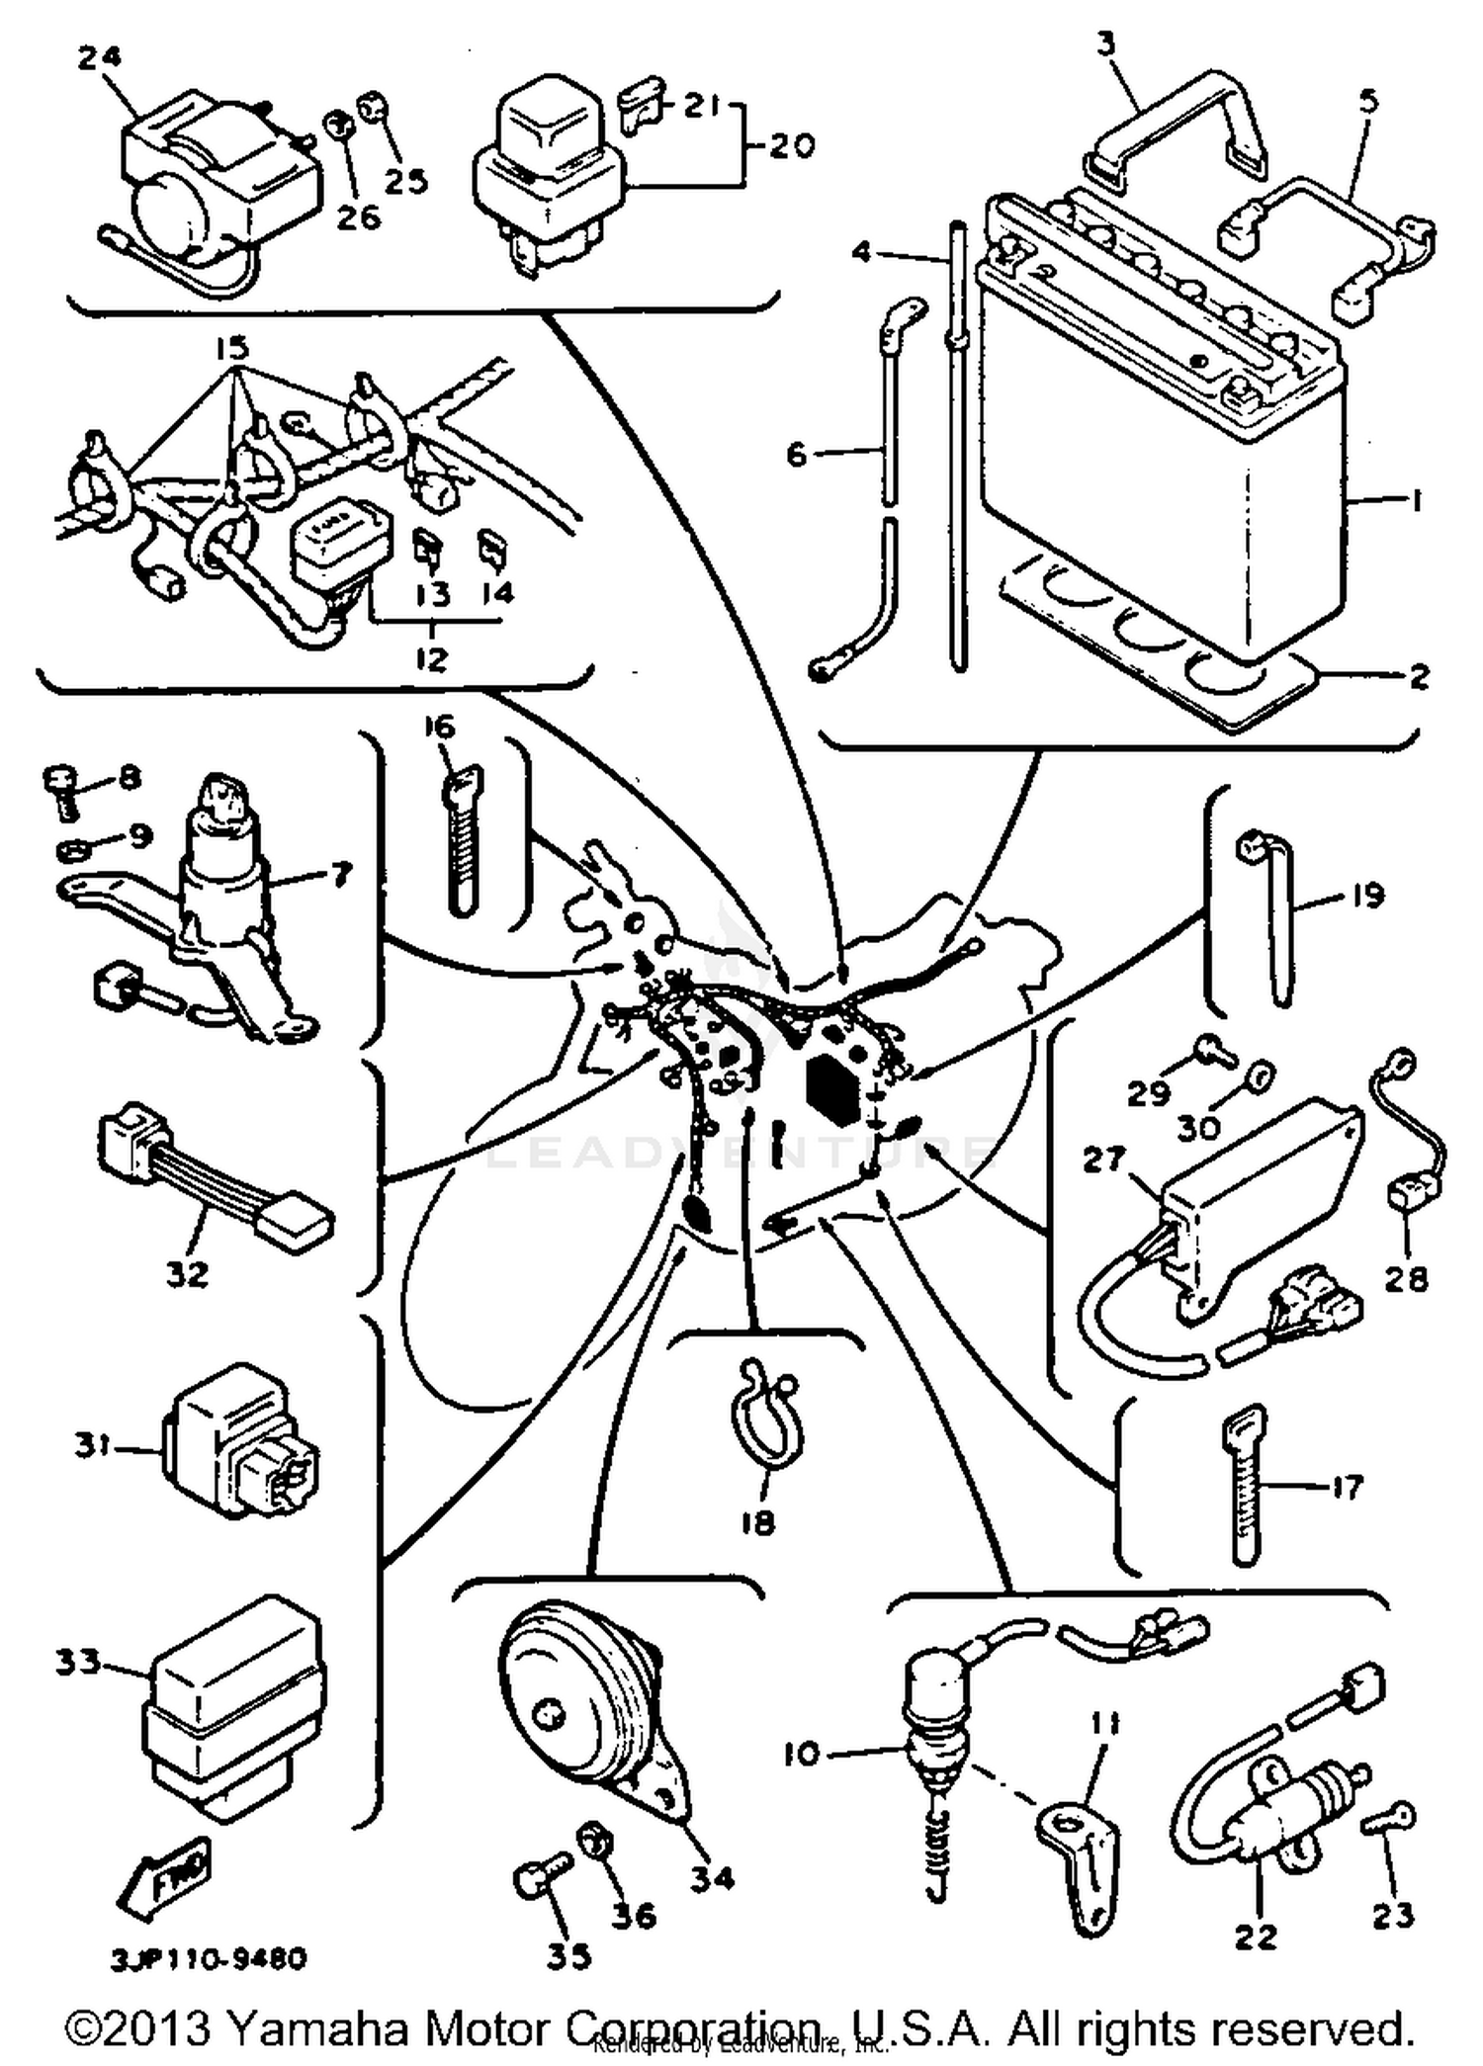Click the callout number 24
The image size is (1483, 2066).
tap(99, 58)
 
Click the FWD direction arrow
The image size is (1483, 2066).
tap(163, 1871)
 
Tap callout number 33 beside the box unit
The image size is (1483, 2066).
tap(78, 1663)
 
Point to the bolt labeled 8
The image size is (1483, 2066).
tap(63, 791)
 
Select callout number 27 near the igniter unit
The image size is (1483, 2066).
tap(1102, 1160)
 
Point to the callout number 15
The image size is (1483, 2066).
tap(230, 348)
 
